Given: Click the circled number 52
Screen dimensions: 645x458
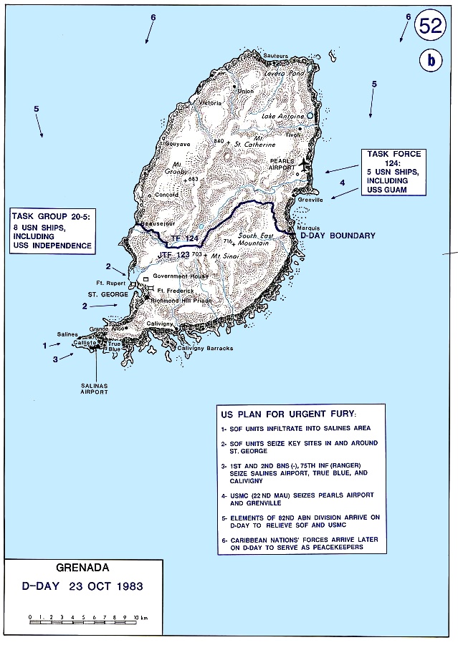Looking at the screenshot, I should pyautogui.click(x=432, y=27).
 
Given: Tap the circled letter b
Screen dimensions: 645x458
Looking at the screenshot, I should pyautogui.click(x=431, y=62).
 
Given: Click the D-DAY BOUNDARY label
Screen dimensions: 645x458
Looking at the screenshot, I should pyautogui.click(x=338, y=236).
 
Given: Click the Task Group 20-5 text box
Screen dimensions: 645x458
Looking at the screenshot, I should pyautogui.click(x=52, y=231).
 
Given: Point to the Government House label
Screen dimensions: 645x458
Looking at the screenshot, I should pyautogui.click(x=180, y=276).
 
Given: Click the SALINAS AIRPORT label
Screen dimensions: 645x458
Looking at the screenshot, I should pyautogui.click(x=95, y=389).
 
